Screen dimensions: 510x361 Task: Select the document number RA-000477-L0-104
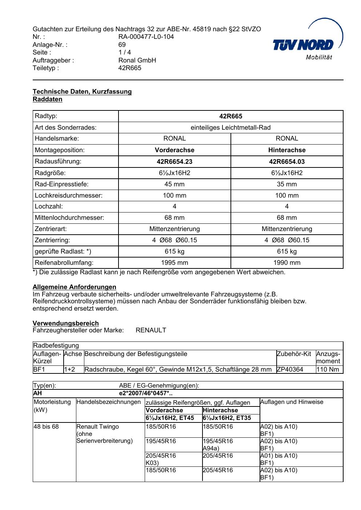[x=146, y=37]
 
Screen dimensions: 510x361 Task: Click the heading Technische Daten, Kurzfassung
[x=82, y=92]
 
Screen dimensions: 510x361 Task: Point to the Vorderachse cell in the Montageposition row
[x=175, y=150]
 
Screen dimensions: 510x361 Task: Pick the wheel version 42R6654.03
[x=287, y=162]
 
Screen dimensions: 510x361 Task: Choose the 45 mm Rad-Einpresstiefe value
[x=175, y=184]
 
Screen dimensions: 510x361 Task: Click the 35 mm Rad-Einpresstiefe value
[x=287, y=184]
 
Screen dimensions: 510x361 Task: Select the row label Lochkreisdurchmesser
[x=69, y=195]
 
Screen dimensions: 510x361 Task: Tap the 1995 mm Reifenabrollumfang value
[x=175, y=263]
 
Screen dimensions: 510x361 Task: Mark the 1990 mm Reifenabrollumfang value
[x=287, y=263]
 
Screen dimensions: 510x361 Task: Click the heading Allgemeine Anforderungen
[x=75, y=287]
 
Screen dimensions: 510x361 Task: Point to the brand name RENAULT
[x=151, y=330]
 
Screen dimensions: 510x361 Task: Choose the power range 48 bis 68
[x=46, y=426]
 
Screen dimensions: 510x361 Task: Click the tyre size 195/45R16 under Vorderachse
[x=161, y=441]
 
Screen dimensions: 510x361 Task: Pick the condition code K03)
[x=152, y=463]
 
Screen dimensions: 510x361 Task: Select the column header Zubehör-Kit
[x=294, y=354]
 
